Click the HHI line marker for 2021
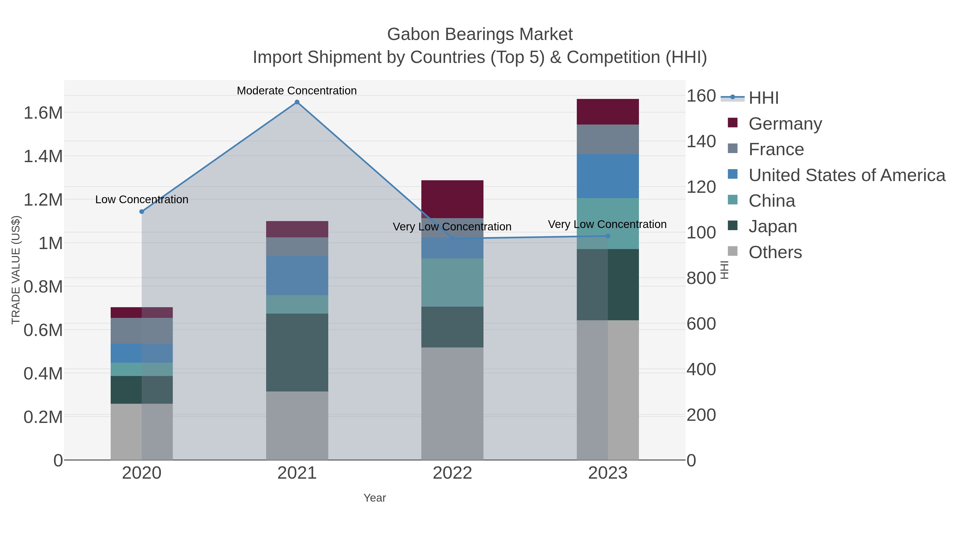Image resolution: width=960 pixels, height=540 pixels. (297, 102)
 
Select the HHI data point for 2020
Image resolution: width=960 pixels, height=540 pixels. (142, 212)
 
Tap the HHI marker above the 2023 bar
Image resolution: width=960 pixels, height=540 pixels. (608, 236)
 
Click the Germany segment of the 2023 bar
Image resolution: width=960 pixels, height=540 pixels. (607, 112)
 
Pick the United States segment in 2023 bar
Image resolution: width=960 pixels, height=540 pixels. (607, 176)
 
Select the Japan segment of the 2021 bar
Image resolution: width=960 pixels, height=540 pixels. (297, 352)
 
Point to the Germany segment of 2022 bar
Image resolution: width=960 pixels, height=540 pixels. (452, 199)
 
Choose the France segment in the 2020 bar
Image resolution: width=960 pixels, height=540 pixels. (142, 331)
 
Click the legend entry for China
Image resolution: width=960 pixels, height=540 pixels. (771, 201)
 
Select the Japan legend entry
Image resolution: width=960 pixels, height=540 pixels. (773, 227)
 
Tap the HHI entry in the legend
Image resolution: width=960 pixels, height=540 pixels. (763, 98)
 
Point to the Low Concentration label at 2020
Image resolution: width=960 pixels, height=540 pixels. (142, 199)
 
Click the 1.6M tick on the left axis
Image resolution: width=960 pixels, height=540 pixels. (43, 113)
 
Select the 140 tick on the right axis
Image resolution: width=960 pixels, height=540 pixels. (701, 142)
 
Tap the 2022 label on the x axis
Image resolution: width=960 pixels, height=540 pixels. (452, 473)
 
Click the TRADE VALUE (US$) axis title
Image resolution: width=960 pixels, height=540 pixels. (16, 270)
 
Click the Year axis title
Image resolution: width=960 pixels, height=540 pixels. (375, 498)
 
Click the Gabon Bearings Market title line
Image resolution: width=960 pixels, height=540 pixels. (480, 34)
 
